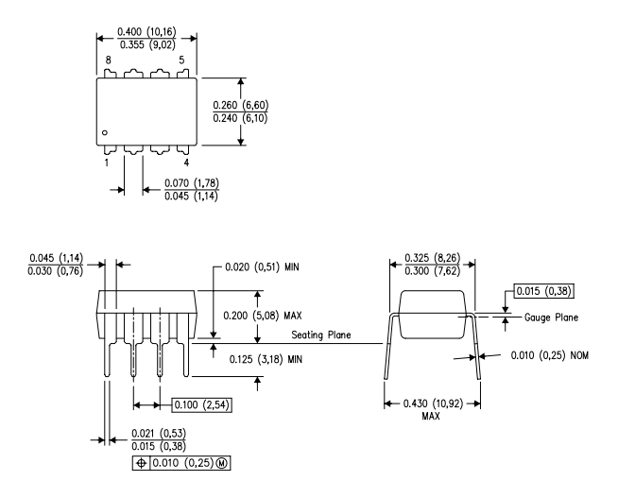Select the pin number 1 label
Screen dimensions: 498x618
coord(107,163)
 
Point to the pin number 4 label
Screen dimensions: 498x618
coord(186,163)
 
